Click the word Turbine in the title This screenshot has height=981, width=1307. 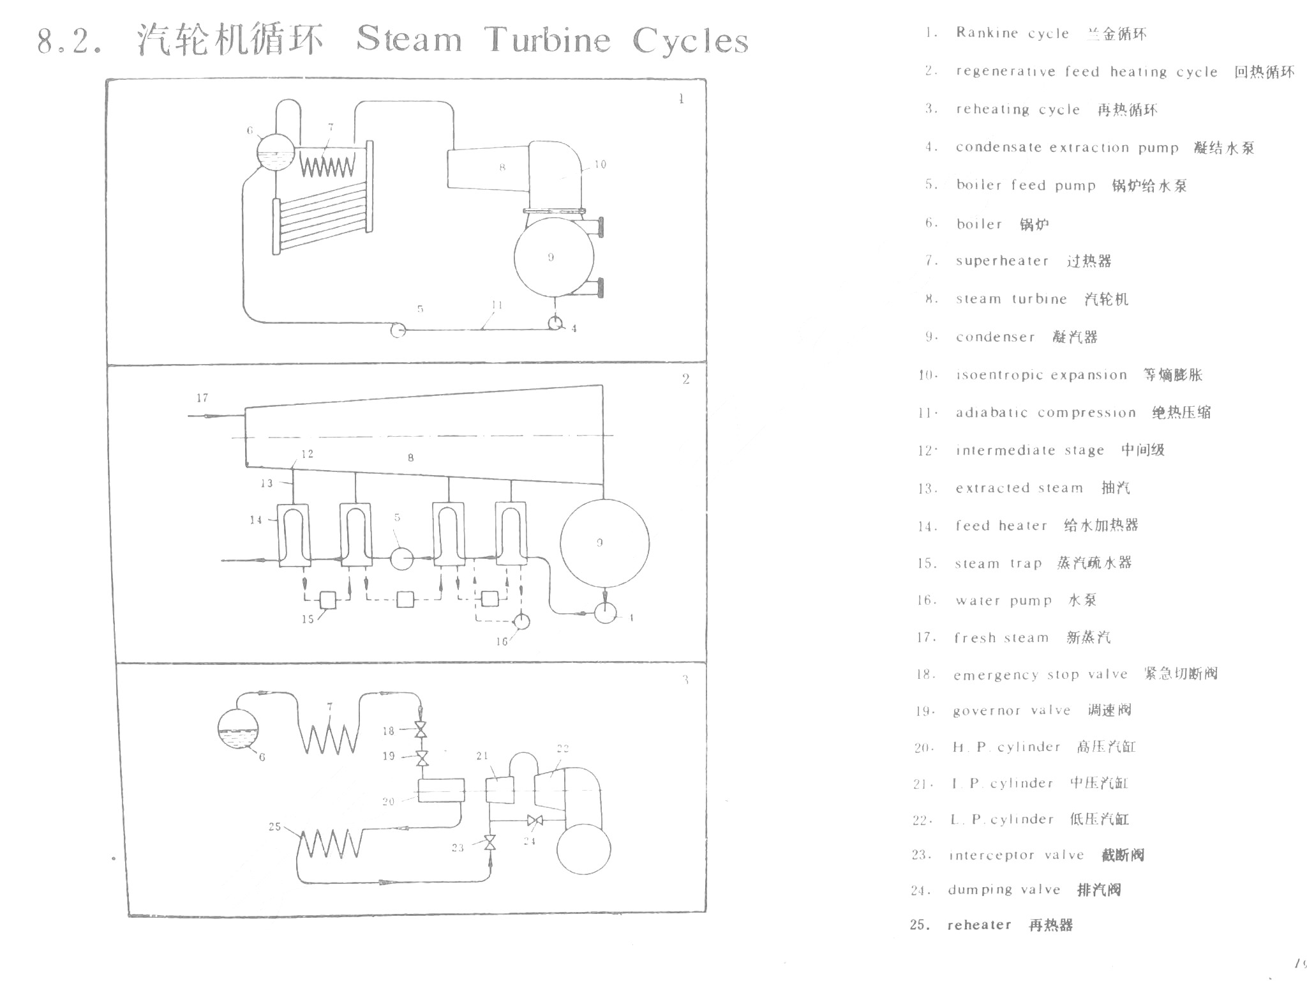[x=547, y=40]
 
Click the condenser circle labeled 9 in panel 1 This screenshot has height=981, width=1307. [x=554, y=257]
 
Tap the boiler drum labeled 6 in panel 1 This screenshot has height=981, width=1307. [x=276, y=152]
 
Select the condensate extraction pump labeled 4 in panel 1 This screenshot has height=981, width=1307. [x=555, y=323]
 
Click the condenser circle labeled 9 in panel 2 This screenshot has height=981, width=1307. [x=604, y=543]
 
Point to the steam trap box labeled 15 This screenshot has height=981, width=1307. [x=327, y=600]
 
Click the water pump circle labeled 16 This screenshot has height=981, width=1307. [x=521, y=621]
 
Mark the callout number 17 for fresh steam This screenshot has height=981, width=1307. [x=202, y=398]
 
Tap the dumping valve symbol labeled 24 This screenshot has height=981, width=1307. [x=535, y=820]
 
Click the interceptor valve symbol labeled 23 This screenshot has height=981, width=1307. [x=489, y=843]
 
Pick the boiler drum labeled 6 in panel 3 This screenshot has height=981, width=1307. [x=238, y=729]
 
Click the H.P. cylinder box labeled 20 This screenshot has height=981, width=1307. [x=441, y=791]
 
